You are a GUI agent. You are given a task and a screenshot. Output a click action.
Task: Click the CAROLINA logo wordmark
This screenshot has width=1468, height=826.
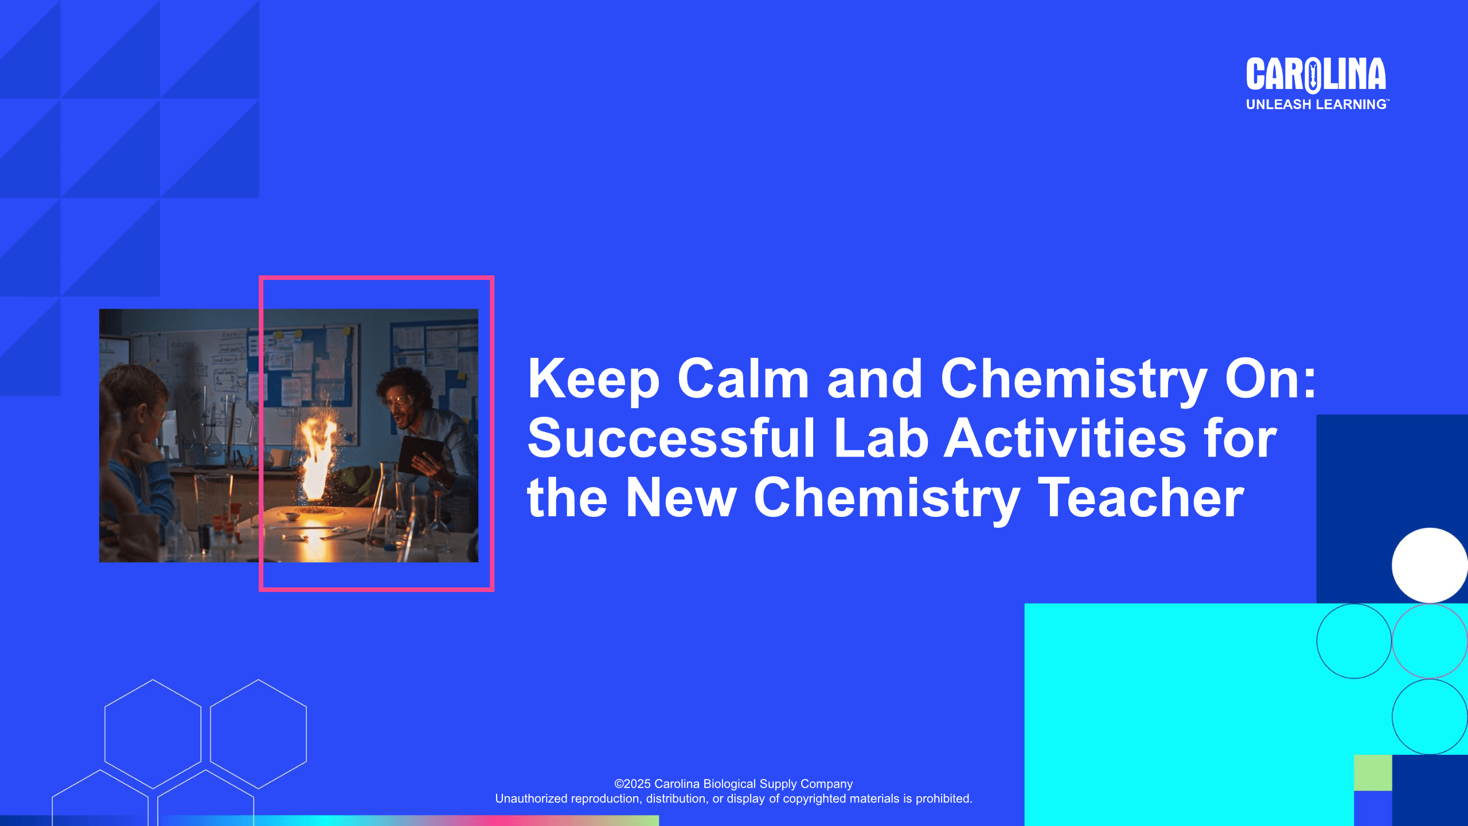pyautogui.click(x=1316, y=75)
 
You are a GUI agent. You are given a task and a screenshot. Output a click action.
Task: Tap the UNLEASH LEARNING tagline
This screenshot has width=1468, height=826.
pyautogui.click(x=1317, y=104)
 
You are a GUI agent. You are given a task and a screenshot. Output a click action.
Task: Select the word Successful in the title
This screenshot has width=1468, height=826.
pyautogui.click(x=671, y=438)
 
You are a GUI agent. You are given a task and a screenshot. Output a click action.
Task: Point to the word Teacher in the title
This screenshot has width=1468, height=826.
pyautogui.click(x=1141, y=498)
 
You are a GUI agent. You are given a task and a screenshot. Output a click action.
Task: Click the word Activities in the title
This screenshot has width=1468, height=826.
pyautogui.click(x=1065, y=438)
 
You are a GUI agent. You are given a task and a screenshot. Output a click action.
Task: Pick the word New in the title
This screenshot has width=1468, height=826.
pyautogui.click(x=681, y=498)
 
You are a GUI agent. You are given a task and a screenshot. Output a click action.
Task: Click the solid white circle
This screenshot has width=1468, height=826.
pyautogui.click(x=1430, y=566)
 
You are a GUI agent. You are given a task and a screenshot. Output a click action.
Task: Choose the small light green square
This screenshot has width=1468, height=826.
pyautogui.click(x=1373, y=773)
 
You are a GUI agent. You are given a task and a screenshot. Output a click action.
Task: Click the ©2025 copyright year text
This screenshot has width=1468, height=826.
pyautogui.click(x=633, y=784)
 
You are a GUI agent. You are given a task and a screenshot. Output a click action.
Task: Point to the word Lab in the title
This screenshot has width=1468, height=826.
pyautogui.click(x=881, y=438)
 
